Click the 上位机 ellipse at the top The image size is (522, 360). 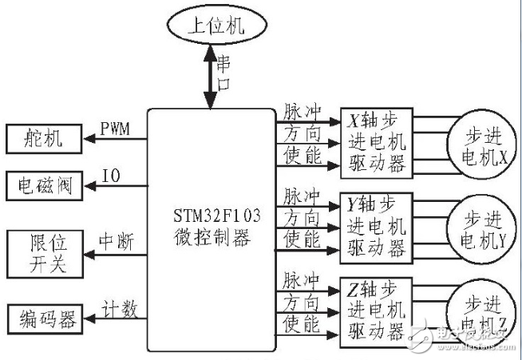(210, 24)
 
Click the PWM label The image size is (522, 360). (117, 129)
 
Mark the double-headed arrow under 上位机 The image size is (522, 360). (209, 77)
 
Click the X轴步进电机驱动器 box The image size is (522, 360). (377, 142)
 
